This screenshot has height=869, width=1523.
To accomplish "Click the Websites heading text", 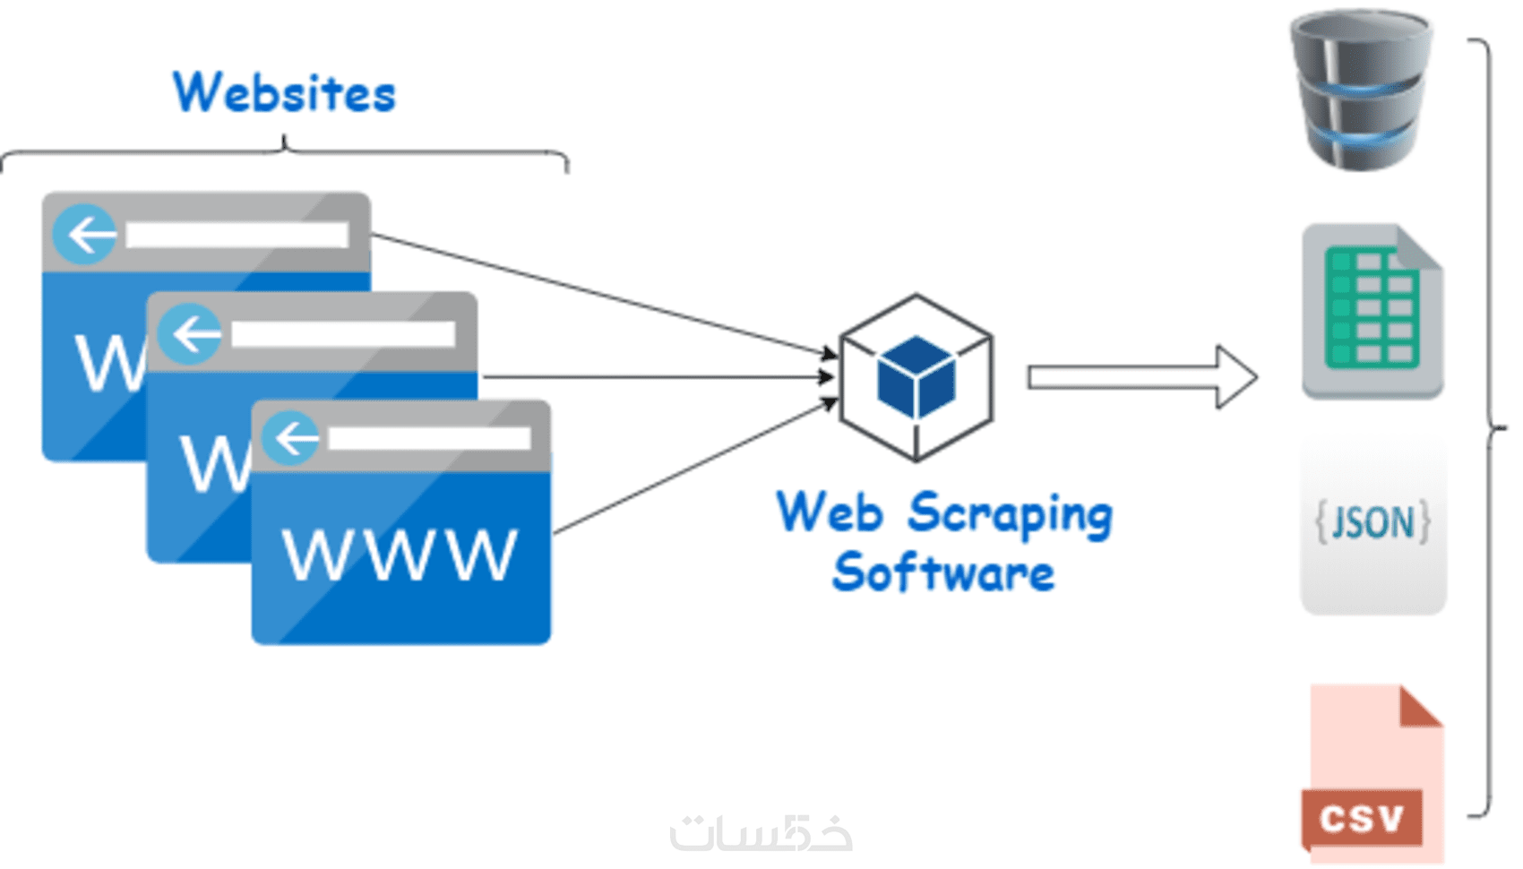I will point(284,93).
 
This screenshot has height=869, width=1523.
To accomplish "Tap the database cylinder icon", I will point(1361,90).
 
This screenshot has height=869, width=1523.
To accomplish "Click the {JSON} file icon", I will point(1373,523).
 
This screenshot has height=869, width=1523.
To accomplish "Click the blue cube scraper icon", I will point(916,377).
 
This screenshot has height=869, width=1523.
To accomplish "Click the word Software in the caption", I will point(943,573).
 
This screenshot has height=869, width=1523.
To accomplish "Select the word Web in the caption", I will point(830,513).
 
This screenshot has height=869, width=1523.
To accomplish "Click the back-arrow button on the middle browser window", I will point(190,334).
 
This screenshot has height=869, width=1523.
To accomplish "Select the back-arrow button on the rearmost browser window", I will point(85,235).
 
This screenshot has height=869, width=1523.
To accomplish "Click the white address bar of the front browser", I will point(429,438).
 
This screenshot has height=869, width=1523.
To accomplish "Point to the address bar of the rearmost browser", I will point(237,235).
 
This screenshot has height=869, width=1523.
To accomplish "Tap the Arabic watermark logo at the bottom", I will point(761,832).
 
